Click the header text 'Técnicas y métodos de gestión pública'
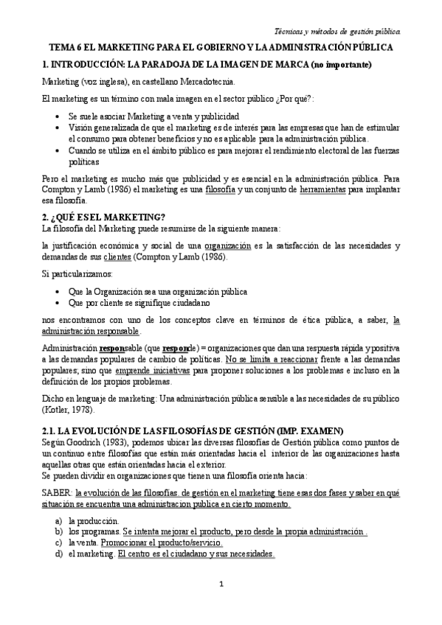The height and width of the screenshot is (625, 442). [337, 32]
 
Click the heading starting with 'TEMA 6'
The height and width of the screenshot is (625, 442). [221, 47]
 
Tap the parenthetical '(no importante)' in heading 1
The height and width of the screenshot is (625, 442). [342, 64]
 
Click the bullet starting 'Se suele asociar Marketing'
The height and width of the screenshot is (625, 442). [153, 117]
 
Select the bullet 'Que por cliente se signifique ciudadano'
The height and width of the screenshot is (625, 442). [140, 302]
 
